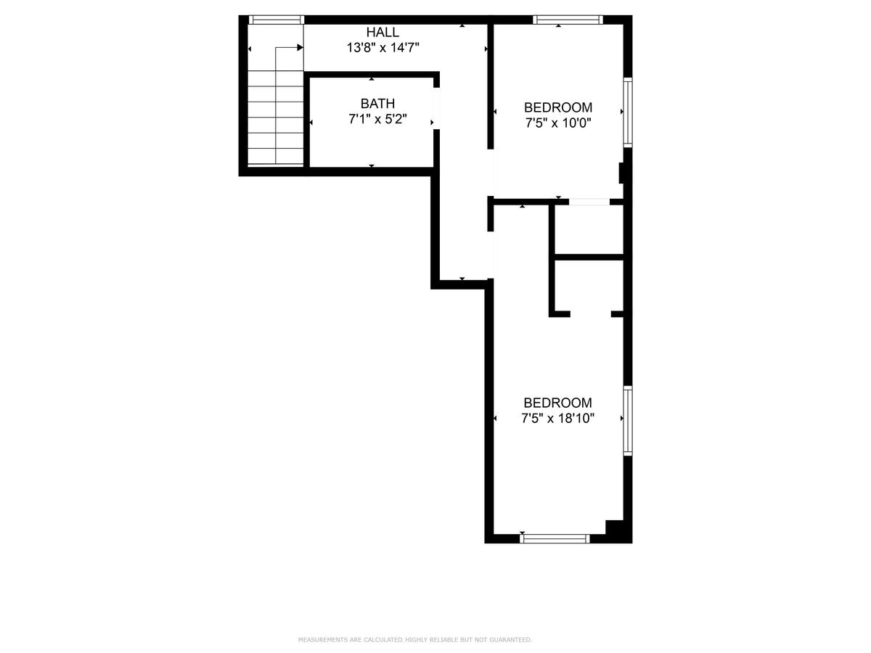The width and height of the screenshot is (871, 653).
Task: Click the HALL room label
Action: click(383, 32)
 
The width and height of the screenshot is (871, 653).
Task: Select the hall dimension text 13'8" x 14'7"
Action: click(383, 48)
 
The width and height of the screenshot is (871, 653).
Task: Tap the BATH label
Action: click(377, 104)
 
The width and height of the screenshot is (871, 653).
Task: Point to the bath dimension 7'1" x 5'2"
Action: click(377, 119)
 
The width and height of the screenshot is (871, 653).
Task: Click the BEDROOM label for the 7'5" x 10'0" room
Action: click(558, 107)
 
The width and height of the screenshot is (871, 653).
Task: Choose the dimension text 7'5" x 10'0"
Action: click(558, 123)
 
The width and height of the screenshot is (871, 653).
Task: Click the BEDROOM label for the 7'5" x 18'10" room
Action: click(557, 403)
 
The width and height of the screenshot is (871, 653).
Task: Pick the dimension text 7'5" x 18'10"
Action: click(557, 419)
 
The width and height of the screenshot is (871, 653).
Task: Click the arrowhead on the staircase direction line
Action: click(300, 48)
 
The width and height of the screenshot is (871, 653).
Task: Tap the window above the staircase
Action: click(277, 20)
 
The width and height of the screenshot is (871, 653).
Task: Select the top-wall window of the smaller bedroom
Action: click(568, 20)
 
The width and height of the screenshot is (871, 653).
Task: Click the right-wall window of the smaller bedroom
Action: click(628, 112)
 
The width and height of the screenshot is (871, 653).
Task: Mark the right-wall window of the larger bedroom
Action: click(628, 421)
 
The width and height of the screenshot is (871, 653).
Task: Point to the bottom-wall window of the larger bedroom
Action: click(555, 538)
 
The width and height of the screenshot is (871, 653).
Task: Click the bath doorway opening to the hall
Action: click(436, 108)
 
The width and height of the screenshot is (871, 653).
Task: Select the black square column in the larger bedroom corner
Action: click(614, 527)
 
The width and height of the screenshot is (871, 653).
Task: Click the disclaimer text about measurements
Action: click(415, 639)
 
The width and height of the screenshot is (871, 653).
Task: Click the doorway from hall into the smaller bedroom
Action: click(491, 173)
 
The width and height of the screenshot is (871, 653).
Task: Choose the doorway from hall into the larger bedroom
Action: click(491, 255)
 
